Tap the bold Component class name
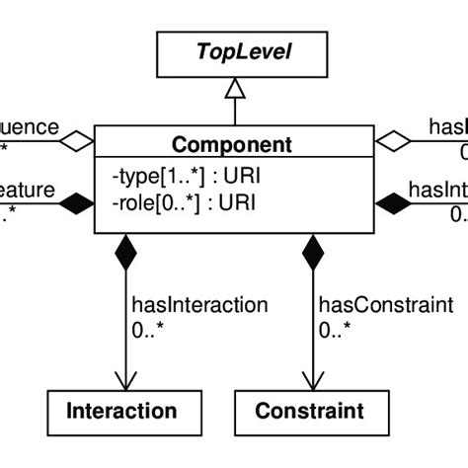(x=233, y=145)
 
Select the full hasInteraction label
(x=186, y=305)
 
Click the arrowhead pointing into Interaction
(x=125, y=380)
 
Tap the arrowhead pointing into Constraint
(x=313, y=380)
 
